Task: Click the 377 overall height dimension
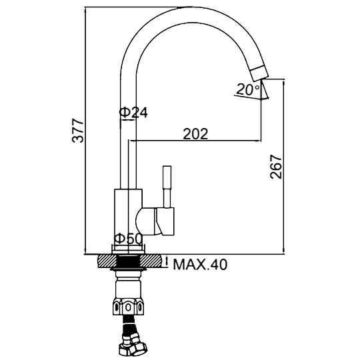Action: pos(77,130)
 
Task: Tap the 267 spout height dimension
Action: pos(276,167)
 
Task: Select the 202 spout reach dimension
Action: pos(195,133)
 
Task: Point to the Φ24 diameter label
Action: pos(133,113)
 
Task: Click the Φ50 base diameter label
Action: pos(129,239)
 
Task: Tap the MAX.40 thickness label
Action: pos(200,265)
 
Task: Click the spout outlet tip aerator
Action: pos(259,73)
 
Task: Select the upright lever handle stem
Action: pos(167,187)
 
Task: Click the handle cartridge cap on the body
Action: pos(165,221)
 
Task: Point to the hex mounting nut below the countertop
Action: pos(129,307)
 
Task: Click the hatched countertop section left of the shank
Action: pos(107,261)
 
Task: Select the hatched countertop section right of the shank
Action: pos(151,261)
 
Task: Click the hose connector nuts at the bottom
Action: pos(133,347)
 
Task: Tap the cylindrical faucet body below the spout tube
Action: pos(129,220)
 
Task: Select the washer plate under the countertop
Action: pos(129,269)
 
